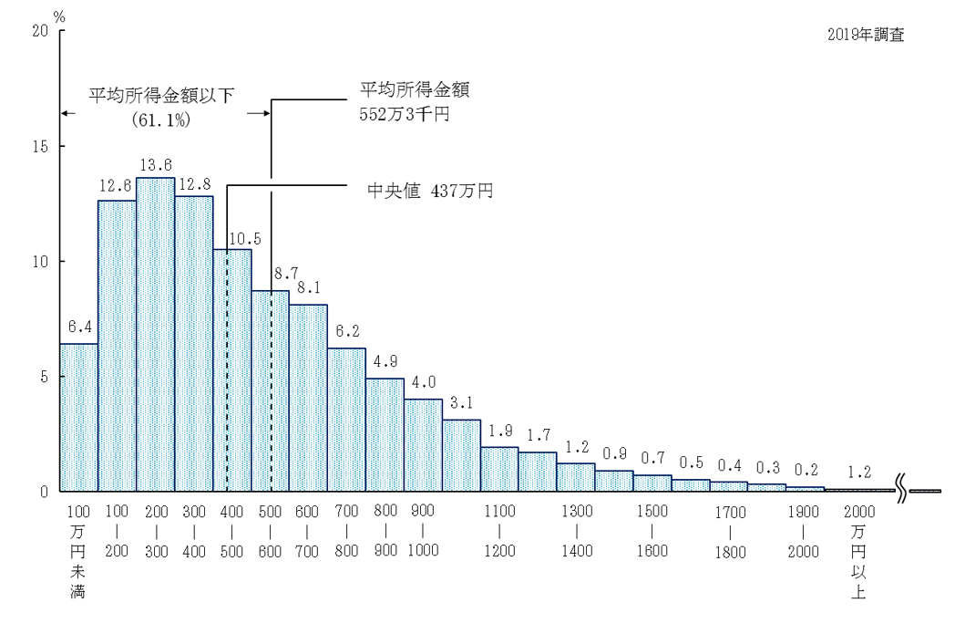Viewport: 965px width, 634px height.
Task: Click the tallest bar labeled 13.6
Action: (155, 334)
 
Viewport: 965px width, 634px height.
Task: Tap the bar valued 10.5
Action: (232, 369)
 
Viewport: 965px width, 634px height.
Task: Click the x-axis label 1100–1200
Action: (499, 530)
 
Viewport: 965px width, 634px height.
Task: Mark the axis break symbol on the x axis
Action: (901, 492)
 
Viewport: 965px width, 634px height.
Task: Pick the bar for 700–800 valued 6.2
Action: (346, 420)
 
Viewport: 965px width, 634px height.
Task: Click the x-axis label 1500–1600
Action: (652, 530)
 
